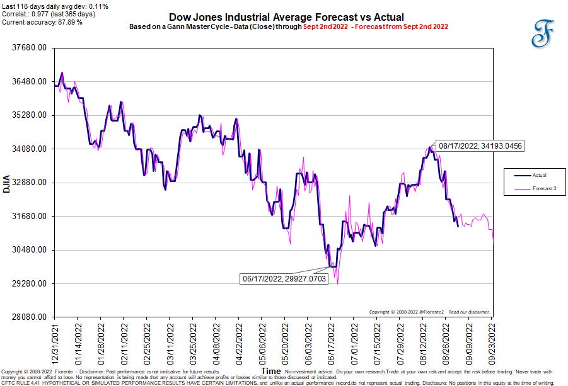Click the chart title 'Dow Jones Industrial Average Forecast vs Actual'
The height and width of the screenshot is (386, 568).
[x=286, y=17]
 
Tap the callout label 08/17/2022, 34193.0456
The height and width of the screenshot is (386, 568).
[x=481, y=146]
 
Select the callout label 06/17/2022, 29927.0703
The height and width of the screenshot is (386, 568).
[x=285, y=278]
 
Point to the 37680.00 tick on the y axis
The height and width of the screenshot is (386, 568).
[x=28, y=48]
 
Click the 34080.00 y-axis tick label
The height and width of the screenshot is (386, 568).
[x=28, y=149]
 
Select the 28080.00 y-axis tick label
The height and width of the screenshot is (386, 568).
[x=28, y=317]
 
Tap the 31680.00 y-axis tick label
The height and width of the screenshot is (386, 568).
[x=28, y=217]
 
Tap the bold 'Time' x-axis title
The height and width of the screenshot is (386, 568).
[x=271, y=372]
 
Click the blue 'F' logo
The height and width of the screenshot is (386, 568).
[x=540, y=33]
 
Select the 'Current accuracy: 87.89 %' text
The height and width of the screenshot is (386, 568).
[x=43, y=22]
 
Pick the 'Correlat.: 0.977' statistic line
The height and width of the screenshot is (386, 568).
[x=48, y=14]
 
